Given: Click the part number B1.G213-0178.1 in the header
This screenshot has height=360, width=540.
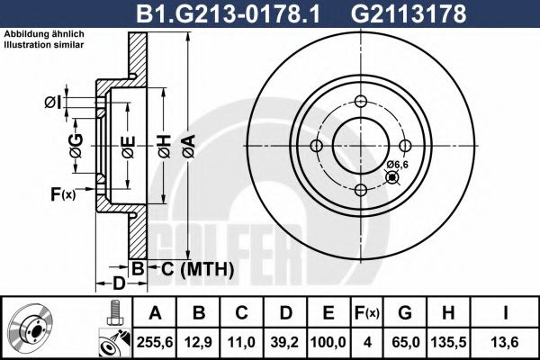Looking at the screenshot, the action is (229, 13).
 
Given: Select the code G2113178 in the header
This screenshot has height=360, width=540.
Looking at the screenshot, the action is (408, 13).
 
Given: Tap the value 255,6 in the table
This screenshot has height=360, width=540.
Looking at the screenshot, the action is (155, 342).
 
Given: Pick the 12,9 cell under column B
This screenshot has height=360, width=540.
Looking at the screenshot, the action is (198, 342).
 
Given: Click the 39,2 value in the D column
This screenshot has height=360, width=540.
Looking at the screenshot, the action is (285, 342).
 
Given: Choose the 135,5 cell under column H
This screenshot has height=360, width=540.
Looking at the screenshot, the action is (448, 342).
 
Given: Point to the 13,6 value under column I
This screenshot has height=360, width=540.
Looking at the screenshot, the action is (505, 342).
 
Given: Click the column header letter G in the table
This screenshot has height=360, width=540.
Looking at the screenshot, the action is (405, 313).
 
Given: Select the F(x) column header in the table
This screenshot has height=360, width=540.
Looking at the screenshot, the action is (367, 313).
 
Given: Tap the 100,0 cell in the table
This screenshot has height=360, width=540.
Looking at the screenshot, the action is (328, 342).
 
